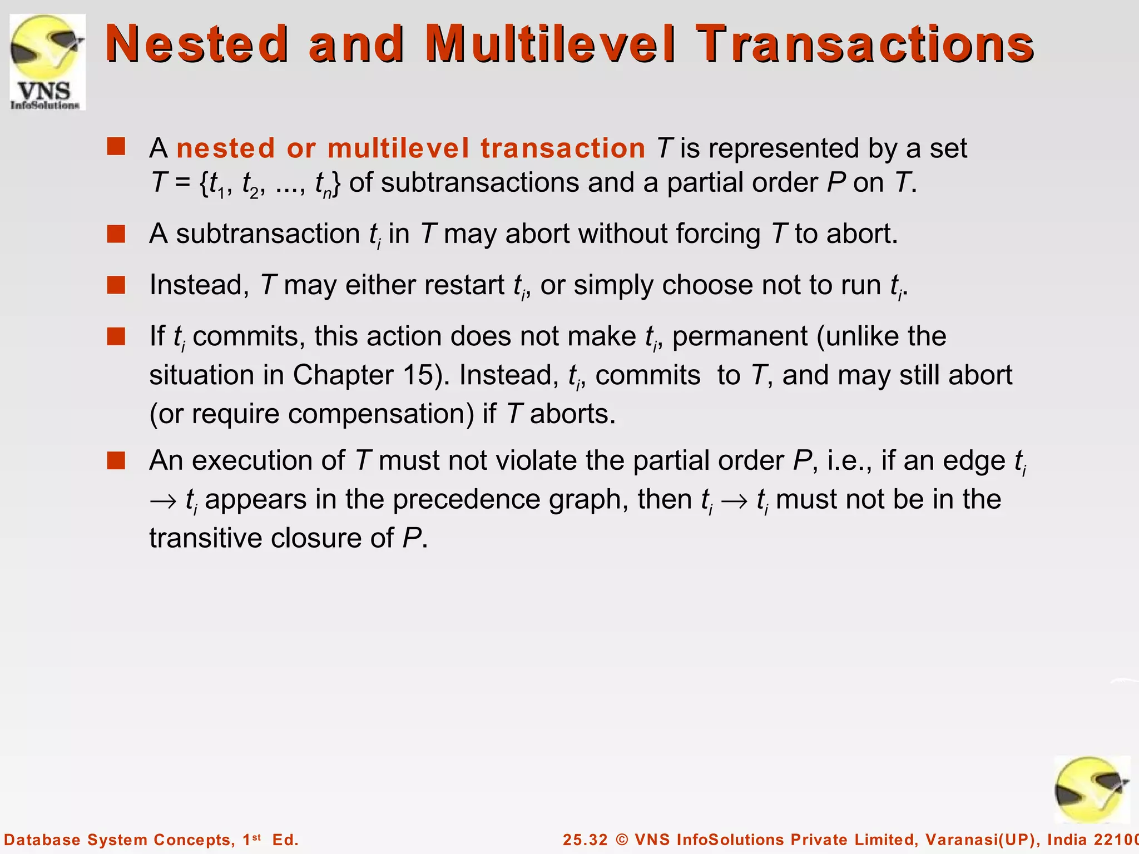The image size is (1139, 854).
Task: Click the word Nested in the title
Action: pyautogui.click(x=196, y=43)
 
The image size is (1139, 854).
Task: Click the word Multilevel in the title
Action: pyautogui.click(x=551, y=43)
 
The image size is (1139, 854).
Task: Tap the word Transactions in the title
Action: pyautogui.click(x=865, y=43)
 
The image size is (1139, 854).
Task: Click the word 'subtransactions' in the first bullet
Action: pyautogui.click(x=480, y=183)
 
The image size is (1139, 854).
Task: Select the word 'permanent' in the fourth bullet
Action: pyautogui.click(x=740, y=336)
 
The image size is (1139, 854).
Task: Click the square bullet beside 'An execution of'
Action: pyautogui.click(x=116, y=460)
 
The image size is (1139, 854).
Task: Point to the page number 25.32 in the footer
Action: pyautogui.click(x=585, y=840)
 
